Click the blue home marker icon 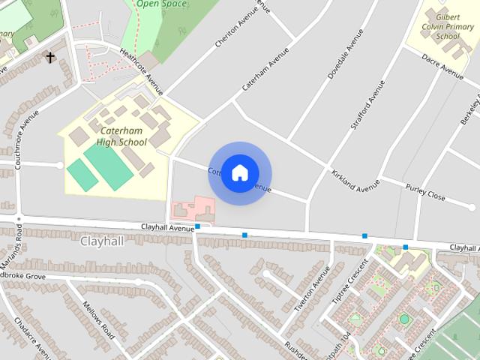(239, 173)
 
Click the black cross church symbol (50, 57)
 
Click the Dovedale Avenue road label (346, 54)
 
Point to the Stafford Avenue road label (367, 99)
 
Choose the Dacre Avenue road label (442, 67)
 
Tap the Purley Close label (425, 192)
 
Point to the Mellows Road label (97, 319)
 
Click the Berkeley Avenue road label (470, 109)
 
